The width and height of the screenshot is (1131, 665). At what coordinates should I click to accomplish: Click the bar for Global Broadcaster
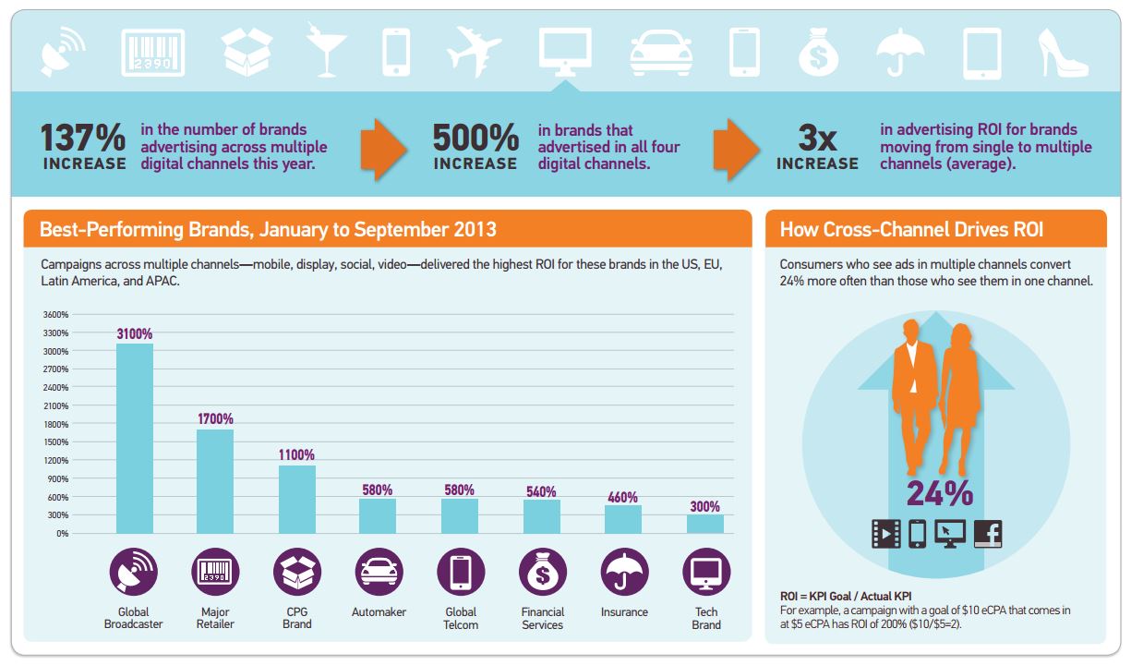pos(135,438)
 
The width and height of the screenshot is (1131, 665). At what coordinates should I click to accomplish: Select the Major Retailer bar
pos(215,481)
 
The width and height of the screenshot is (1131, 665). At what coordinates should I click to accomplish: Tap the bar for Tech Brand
pos(705,524)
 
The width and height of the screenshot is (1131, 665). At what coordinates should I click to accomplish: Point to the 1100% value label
pos(296,455)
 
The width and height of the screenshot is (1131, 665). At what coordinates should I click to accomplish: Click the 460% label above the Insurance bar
pos(623,497)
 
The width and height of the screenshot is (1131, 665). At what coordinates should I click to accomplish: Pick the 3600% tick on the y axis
pos(56,315)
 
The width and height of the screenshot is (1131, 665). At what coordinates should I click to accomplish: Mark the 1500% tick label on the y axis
pos(56,441)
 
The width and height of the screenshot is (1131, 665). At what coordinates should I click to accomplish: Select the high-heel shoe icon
pos(1065,52)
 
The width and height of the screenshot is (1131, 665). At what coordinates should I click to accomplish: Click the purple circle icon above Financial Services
pos(542,573)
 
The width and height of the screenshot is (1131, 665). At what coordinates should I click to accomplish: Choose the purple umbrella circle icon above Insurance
pos(624,573)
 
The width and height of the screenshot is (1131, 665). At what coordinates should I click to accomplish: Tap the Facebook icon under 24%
pos(987,534)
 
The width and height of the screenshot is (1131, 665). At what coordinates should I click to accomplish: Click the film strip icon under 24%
pos(885,534)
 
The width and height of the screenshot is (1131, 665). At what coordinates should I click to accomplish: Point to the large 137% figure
pos(83,138)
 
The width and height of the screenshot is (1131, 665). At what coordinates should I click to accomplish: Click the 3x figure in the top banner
pos(817,138)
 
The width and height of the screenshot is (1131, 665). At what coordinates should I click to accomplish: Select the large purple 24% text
pos(939,494)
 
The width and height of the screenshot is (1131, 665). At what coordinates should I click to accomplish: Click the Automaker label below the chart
pos(379,612)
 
